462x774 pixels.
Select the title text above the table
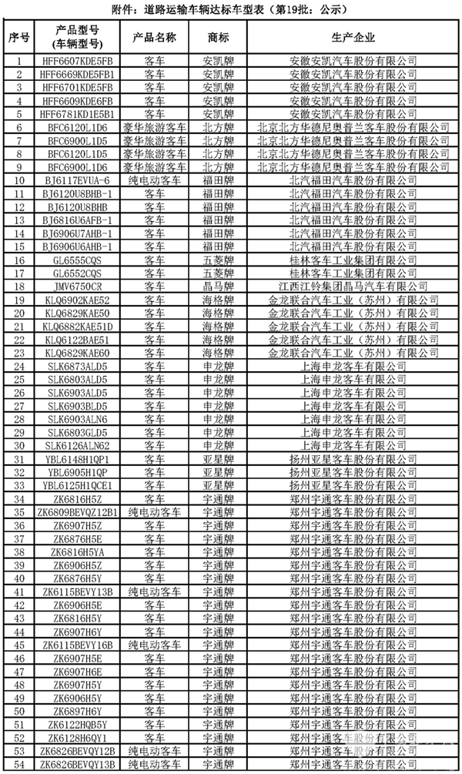point(231,9)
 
